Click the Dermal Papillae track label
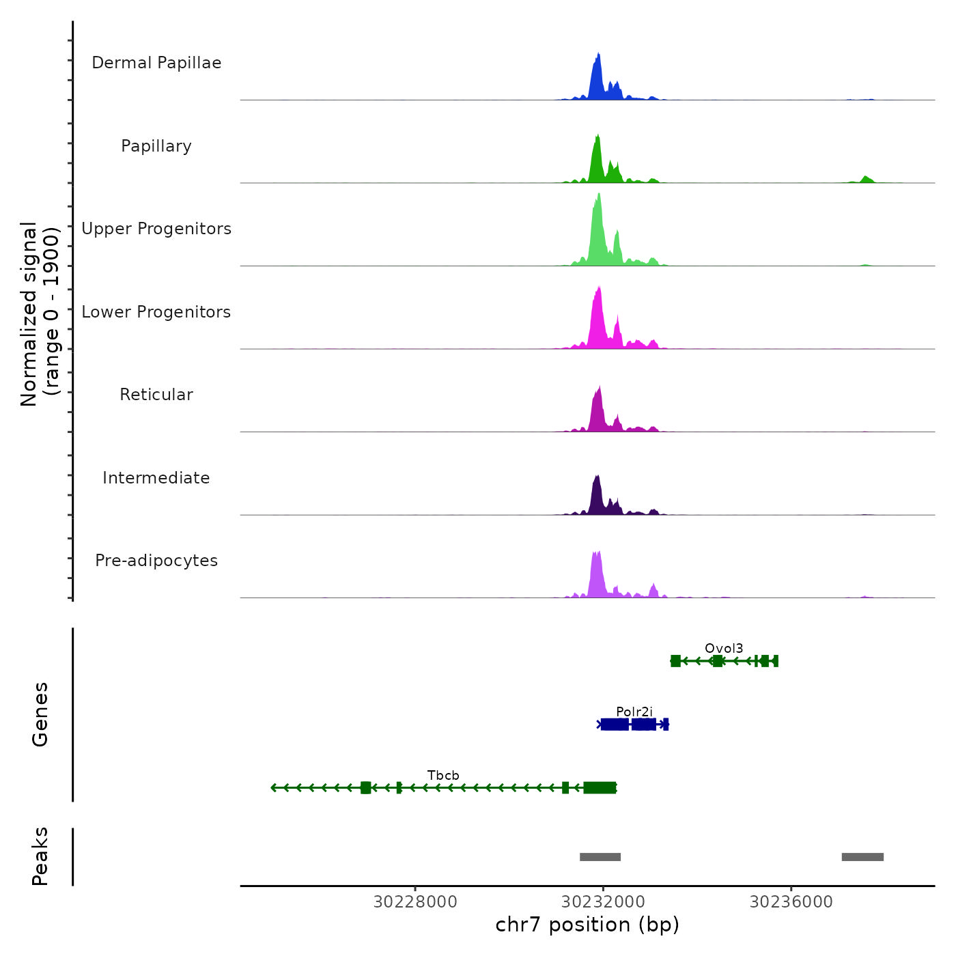pyautogui.click(x=156, y=63)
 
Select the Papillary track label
pyautogui.click(x=156, y=146)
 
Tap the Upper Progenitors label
pyautogui.click(x=156, y=229)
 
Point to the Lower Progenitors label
pyautogui.click(x=156, y=312)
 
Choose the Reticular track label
pyautogui.click(x=156, y=395)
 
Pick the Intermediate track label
pyautogui.click(x=156, y=478)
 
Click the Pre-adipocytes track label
pyautogui.click(x=156, y=561)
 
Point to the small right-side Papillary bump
pyautogui.click(x=867, y=179)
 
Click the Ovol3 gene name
pyautogui.click(x=724, y=649)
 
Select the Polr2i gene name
pyautogui.click(x=634, y=712)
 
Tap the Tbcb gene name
pyautogui.click(x=443, y=776)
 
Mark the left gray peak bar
pyautogui.click(x=600, y=857)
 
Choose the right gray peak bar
pyautogui.click(x=862, y=857)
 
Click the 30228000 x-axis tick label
pyautogui.click(x=415, y=902)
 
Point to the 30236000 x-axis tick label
pyautogui.click(x=791, y=902)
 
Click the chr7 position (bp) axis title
pyautogui.click(x=587, y=925)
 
